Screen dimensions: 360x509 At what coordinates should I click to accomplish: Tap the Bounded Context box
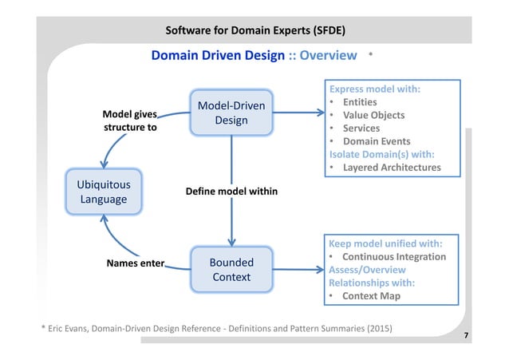click(x=231, y=269)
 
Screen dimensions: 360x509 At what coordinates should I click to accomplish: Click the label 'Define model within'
click(x=232, y=192)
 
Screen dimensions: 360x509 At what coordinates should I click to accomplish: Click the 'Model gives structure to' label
click(x=130, y=120)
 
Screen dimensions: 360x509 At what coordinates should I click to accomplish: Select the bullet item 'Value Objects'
click(x=373, y=115)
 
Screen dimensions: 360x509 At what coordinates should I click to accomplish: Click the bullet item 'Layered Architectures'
click(x=391, y=167)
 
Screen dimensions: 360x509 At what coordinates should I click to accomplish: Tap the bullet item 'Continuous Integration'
click(x=394, y=256)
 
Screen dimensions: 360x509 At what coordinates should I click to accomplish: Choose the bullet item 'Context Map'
click(x=371, y=295)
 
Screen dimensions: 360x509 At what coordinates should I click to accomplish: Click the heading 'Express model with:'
click(x=374, y=89)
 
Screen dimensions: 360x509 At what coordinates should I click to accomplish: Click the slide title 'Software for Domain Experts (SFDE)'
click(x=254, y=31)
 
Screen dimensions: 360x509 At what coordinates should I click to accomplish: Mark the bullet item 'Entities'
click(x=360, y=102)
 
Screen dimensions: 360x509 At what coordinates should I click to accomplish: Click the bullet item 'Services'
click(x=361, y=129)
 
